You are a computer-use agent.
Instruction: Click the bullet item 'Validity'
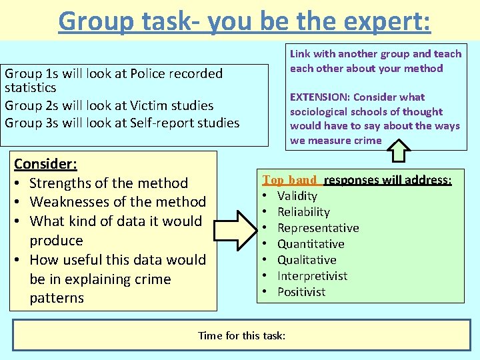pyautogui.click(x=297, y=196)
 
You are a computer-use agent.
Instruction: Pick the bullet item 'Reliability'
pyautogui.click(x=303, y=212)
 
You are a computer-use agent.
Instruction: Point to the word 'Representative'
pyautogui.click(x=318, y=228)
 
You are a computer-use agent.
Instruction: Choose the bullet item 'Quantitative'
pyautogui.click(x=311, y=244)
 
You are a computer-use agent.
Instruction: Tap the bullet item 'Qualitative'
pyautogui.click(x=307, y=260)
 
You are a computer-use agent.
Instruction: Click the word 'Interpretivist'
pyautogui.click(x=312, y=276)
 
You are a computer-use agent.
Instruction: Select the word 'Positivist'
pyautogui.click(x=301, y=292)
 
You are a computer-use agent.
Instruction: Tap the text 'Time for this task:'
pyautogui.click(x=242, y=335)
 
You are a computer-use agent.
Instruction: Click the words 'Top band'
pyautogui.click(x=290, y=180)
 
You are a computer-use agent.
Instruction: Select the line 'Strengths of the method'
pyautogui.click(x=109, y=183)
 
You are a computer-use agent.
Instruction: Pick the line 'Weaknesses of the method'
pyautogui.click(x=118, y=201)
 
